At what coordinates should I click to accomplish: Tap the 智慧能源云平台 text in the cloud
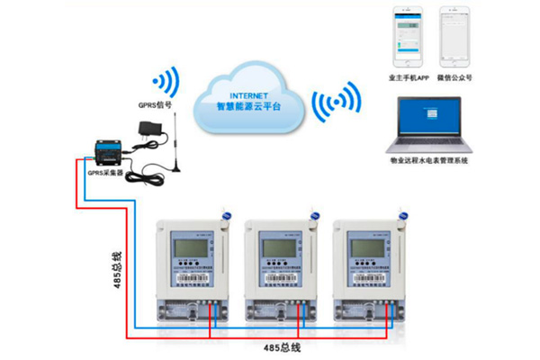[249, 106]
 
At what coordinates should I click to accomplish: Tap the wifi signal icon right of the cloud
[330, 106]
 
